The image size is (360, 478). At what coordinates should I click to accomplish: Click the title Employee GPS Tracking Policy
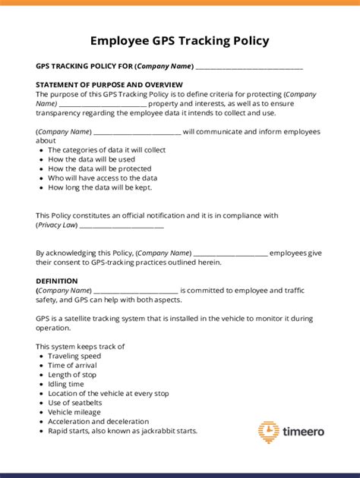(x=179, y=40)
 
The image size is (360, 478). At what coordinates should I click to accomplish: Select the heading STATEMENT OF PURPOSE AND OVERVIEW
(x=109, y=84)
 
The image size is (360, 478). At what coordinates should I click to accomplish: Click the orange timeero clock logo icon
(x=268, y=432)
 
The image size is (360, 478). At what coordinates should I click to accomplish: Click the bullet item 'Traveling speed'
(x=74, y=356)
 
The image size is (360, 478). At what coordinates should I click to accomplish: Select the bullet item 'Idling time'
(x=66, y=384)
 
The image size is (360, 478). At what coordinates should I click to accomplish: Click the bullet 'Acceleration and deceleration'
(x=99, y=421)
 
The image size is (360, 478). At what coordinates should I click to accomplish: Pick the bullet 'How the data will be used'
(x=91, y=159)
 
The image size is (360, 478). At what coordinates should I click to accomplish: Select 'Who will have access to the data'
(x=103, y=178)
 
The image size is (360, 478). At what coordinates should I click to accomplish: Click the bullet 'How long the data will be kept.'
(x=100, y=187)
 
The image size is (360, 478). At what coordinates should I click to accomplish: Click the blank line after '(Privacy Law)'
(x=122, y=225)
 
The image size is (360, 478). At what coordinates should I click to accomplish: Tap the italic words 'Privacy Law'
(x=56, y=225)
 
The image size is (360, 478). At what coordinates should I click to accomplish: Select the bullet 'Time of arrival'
(x=72, y=365)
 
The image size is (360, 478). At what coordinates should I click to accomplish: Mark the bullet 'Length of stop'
(x=72, y=375)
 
